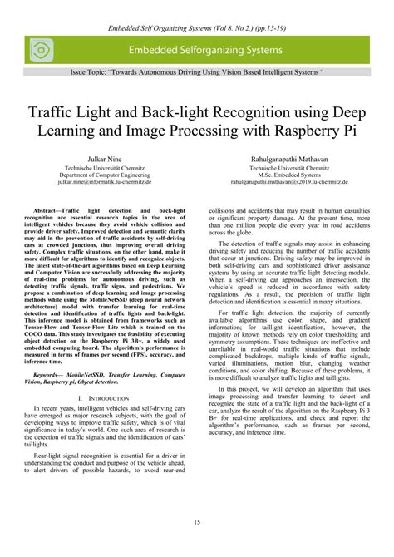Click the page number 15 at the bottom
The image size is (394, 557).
[x=197, y=521]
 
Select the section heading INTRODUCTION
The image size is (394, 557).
[x=117, y=398]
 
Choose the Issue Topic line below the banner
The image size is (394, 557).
[x=197, y=73]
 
